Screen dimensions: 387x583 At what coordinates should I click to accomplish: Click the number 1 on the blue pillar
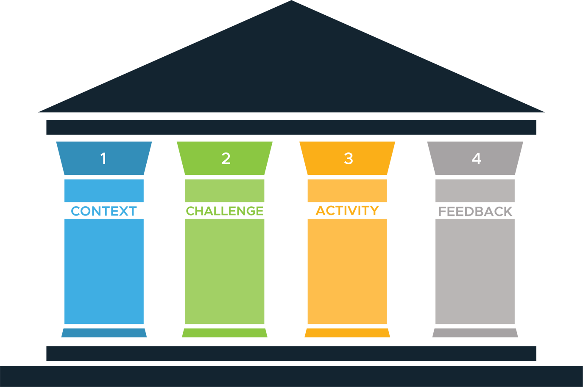(x=103, y=158)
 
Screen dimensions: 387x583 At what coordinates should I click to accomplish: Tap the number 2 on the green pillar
(x=226, y=158)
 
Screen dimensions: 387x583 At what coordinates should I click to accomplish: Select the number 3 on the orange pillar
(x=348, y=158)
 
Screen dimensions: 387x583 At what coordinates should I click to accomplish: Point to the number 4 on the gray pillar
(x=476, y=158)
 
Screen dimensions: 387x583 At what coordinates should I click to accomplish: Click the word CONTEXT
(x=103, y=211)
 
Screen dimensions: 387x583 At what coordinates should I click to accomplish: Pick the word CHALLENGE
(x=225, y=210)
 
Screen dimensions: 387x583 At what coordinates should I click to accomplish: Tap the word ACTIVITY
(x=347, y=210)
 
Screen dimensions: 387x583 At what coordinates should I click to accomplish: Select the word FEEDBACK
(x=475, y=211)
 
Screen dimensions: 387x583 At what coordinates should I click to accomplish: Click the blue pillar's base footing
(x=104, y=333)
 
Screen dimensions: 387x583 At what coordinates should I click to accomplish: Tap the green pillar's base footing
(x=225, y=333)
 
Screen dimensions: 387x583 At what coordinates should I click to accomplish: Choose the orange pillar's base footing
(x=347, y=333)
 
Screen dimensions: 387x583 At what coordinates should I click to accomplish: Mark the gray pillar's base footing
(x=475, y=333)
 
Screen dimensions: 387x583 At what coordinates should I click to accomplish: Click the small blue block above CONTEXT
(x=104, y=191)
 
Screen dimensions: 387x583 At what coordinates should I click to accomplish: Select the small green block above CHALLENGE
(x=225, y=191)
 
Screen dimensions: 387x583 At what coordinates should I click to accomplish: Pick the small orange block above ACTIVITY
(x=347, y=191)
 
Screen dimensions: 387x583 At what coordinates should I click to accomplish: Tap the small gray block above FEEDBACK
(x=475, y=191)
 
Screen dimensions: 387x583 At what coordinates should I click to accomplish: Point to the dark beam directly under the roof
(x=291, y=127)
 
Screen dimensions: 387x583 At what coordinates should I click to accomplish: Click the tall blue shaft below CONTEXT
(x=104, y=271)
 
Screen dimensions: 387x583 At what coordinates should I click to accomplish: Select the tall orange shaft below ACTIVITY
(x=347, y=271)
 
